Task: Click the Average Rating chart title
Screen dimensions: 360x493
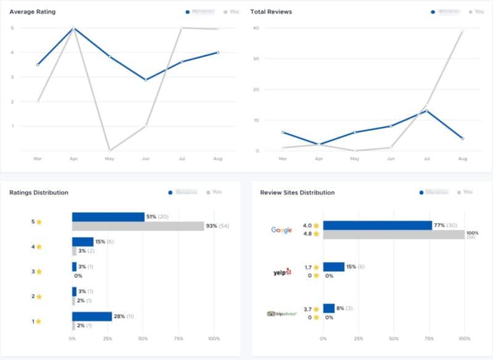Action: (32, 12)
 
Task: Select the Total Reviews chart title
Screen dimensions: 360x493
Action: (271, 12)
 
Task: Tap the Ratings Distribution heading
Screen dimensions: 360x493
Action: (39, 192)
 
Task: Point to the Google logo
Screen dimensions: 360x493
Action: (282, 230)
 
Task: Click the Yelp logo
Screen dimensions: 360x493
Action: (282, 272)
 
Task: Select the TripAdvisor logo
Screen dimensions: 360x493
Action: (282, 313)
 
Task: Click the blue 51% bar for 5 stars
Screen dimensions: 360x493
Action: (108, 217)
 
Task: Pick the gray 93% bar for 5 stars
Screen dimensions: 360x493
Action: (137, 226)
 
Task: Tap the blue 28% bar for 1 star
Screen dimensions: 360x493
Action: (91, 316)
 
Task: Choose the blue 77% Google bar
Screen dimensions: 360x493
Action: (377, 226)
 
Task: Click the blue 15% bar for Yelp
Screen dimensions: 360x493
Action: (333, 267)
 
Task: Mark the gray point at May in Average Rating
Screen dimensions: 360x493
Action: (110, 150)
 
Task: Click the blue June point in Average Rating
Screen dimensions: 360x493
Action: (145, 80)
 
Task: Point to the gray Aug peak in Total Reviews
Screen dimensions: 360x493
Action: (462, 31)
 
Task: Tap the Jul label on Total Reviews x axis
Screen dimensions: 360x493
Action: (426, 158)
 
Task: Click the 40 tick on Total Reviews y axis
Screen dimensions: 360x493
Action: (256, 28)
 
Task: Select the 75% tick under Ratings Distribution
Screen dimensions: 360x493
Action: (179, 339)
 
